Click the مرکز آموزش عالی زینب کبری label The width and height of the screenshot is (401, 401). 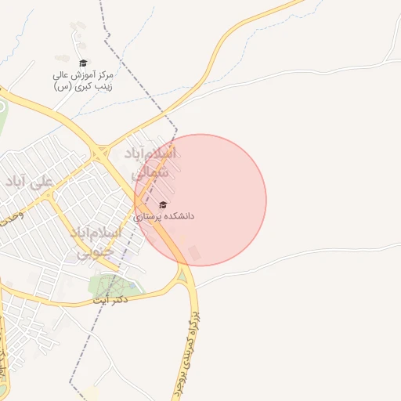pyautogui.click(x=83, y=80)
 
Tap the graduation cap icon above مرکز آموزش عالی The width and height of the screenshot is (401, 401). pyautogui.click(x=83, y=63)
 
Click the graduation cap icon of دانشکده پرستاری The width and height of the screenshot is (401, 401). pyautogui.click(x=163, y=204)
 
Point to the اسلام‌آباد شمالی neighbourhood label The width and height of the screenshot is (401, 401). pyautogui.click(x=150, y=163)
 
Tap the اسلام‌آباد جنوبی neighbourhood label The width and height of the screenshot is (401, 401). pyautogui.click(x=96, y=242)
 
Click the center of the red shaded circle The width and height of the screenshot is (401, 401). pyautogui.click(x=200, y=200)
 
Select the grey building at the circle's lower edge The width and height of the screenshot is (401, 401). pyautogui.click(x=194, y=253)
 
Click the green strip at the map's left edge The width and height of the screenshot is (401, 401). pyautogui.click(x=2, y=117)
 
